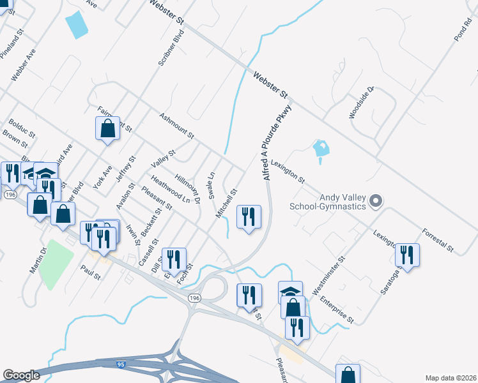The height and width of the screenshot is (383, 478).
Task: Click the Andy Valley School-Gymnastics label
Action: [327, 201]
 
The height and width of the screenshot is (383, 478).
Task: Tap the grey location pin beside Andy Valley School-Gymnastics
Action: [376, 202]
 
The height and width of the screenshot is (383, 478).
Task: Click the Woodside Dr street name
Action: [360, 103]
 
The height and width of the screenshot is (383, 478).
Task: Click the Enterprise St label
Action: [337, 309]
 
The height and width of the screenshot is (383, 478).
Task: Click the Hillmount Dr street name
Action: [189, 190]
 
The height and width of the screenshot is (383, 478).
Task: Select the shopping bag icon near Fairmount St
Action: [108, 128]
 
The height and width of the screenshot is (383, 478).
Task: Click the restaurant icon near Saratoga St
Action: [406, 255]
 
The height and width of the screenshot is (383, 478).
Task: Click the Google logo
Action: [22, 375]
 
